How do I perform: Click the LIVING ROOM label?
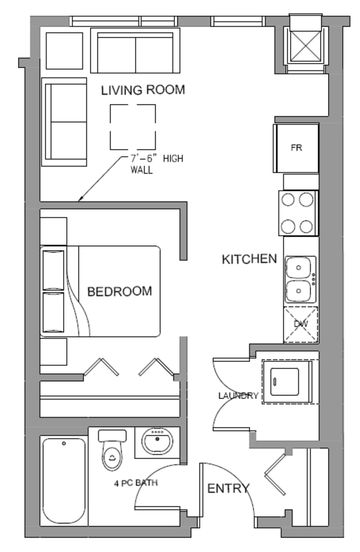[143, 90]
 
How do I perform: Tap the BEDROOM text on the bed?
[119, 291]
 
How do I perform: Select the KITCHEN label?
[249, 259]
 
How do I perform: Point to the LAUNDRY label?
[237, 395]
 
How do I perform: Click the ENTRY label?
[228, 488]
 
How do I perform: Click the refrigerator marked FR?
[296, 148]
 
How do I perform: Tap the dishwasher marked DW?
[301, 324]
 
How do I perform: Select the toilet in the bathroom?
[112, 453]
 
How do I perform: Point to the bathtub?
[64, 480]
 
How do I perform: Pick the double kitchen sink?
[301, 279]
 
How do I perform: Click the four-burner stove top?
[298, 213]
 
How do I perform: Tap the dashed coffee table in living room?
[133, 127]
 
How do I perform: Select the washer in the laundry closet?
[288, 382]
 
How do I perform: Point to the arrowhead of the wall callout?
[79, 201]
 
